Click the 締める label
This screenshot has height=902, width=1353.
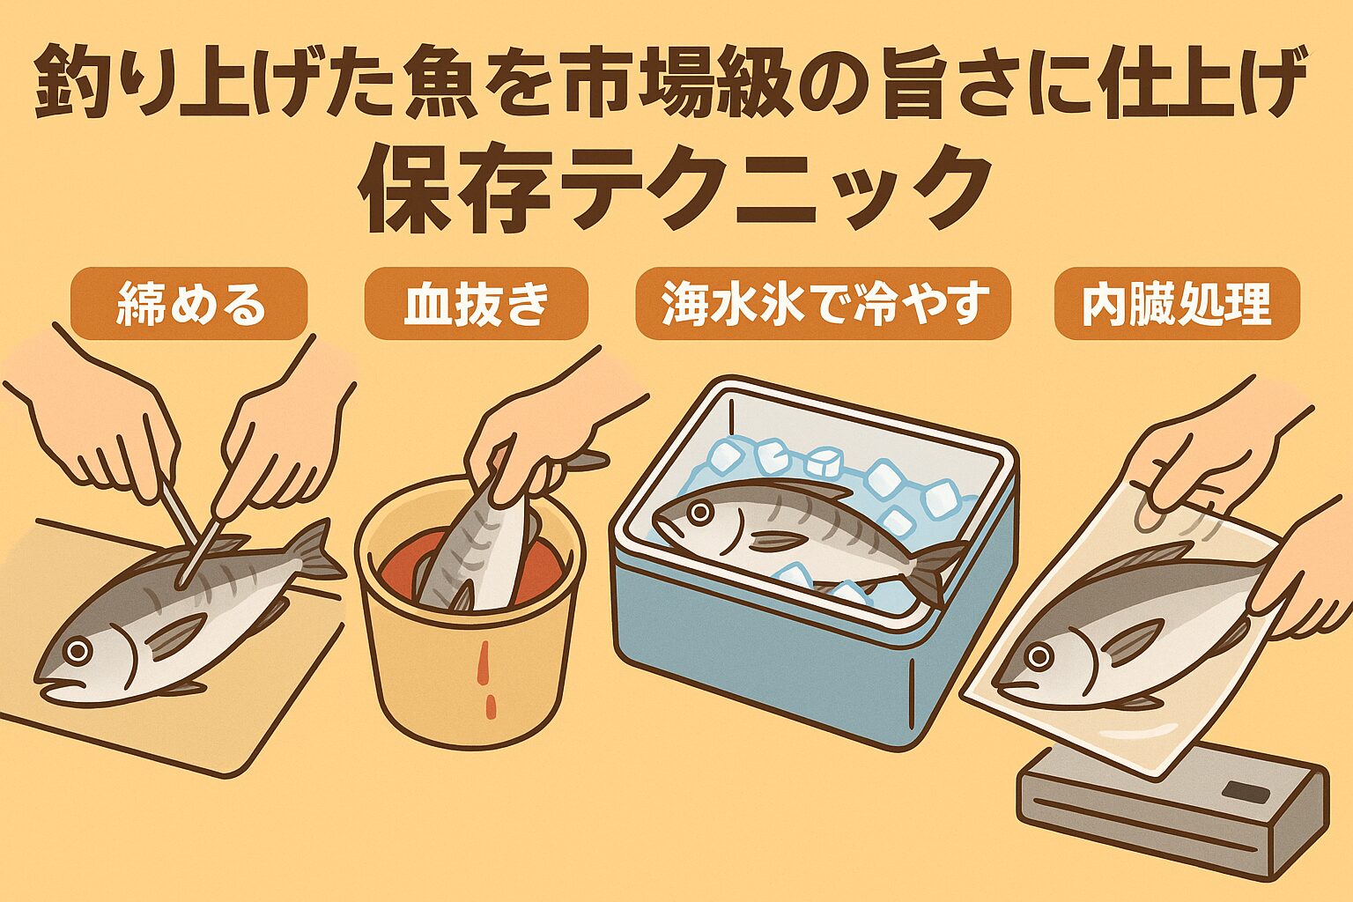pyautogui.click(x=190, y=304)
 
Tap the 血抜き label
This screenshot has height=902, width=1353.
pyautogui.click(x=476, y=304)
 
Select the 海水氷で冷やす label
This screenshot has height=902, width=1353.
pyautogui.click(x=823, y=304)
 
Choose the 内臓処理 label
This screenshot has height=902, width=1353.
pyautogui.click(x=1177, y=304)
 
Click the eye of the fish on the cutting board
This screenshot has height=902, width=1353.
pyautogui.click(x=78, y=651)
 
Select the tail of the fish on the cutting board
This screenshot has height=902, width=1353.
pyautogui.click(x=313, y=551)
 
